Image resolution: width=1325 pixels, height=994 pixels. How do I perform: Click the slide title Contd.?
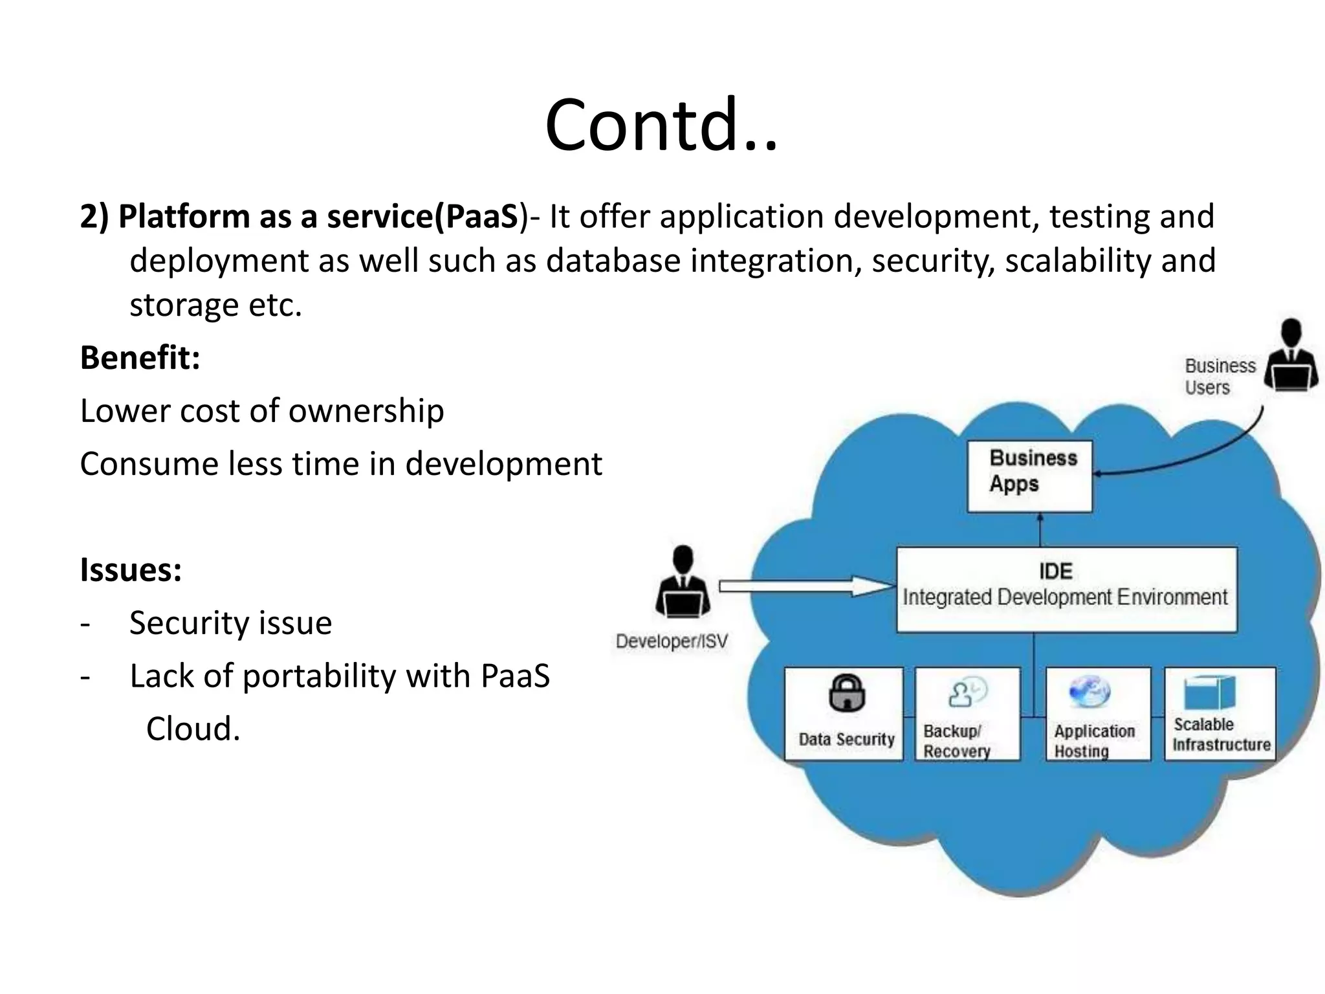click(x=661, y=125)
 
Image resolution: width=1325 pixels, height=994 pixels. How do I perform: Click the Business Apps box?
click(x=1029, y=476)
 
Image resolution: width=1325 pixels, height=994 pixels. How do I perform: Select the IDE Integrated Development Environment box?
click(x=1066, y=589)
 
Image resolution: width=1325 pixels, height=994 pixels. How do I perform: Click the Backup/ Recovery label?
click(x=956, y=741)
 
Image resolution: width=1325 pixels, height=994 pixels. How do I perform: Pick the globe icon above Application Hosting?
click(x=1090, y=691)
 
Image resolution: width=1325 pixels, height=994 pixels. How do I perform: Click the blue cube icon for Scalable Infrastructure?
click(x=1209, y=692)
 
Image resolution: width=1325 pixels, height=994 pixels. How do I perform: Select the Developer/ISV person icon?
click(x=683, y=582)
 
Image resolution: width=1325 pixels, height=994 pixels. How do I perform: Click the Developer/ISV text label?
click(x=672, y=641)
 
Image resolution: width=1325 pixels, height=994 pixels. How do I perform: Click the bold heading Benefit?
click(x=140, y=357)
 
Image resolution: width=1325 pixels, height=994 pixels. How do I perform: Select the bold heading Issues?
click(x=131, y=569)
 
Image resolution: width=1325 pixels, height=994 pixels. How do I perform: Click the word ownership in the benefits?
click(x=367, y=411)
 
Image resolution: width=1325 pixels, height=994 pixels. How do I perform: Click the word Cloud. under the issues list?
click(x=193, y=729)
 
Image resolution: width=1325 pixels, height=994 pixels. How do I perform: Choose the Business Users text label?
click(x=1219, y=376)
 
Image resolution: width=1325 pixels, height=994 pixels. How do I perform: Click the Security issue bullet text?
click(x=230, y=623)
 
